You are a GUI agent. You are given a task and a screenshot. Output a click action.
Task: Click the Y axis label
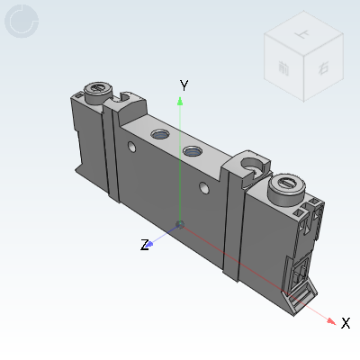coord(184,85)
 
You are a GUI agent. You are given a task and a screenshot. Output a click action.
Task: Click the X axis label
coord(346,323)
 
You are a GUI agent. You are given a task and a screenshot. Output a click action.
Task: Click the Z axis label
coord(144,245)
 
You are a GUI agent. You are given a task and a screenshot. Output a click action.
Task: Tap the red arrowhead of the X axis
coord(332,319)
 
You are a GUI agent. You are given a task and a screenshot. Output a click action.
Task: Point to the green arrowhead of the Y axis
coord(181,98)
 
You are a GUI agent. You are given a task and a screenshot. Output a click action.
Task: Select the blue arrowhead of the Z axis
coord(154,240)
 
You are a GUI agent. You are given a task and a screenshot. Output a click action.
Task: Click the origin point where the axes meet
coord(181,223)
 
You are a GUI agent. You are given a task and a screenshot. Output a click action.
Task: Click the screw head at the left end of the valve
coord(97,90)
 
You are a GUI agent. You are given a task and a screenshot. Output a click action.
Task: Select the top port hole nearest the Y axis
coord(193,152)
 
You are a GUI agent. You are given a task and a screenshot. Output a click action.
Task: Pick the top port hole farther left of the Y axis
coord(160,135)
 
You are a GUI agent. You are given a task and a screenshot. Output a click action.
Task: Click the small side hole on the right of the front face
coord(203,189)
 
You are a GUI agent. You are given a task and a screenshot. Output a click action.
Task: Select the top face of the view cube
coord(296,40)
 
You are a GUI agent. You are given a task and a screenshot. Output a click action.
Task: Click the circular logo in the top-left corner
coord(22,22)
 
